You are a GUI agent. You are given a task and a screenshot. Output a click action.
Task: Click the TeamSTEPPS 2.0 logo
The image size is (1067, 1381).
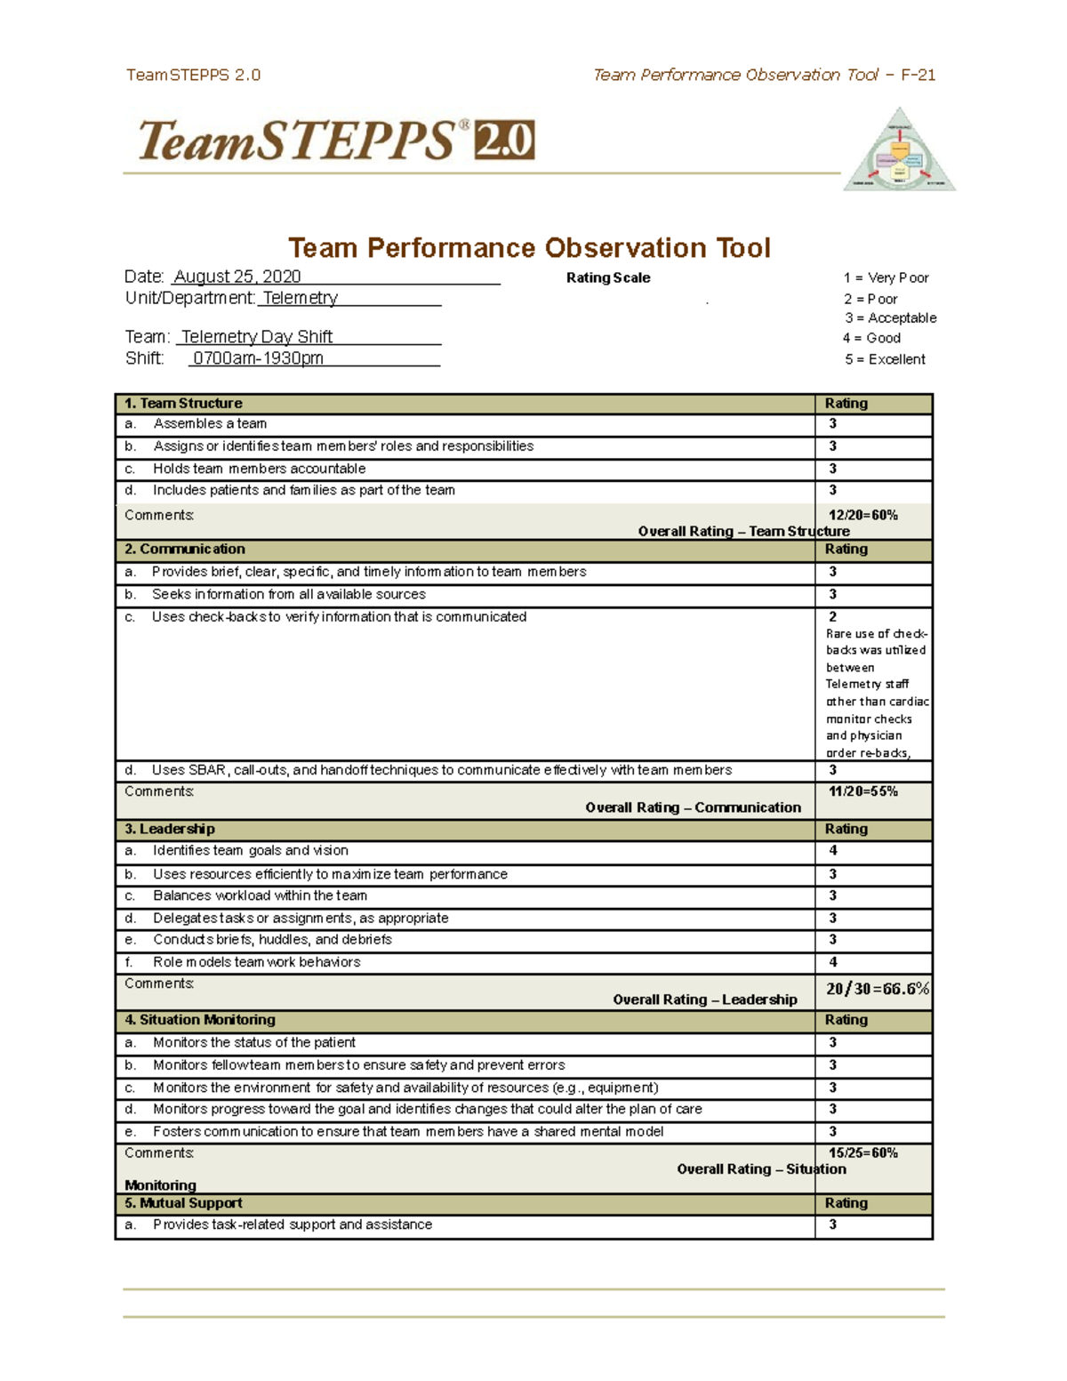(x=335, y=141)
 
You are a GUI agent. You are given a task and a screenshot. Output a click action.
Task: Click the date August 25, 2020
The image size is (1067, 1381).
(x=237, y=277)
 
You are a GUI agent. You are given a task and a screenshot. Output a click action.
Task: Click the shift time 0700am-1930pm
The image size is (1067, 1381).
(x=258, y=358)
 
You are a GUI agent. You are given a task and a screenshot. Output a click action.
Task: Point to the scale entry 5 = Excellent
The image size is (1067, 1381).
(x=885, y=359)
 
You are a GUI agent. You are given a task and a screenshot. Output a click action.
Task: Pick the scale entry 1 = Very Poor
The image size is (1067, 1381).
(x=886, y=277)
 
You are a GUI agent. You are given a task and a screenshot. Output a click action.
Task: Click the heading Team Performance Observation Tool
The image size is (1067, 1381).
(x=529, y=247)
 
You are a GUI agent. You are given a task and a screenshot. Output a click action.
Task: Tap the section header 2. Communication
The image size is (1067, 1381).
(x=185, y=550)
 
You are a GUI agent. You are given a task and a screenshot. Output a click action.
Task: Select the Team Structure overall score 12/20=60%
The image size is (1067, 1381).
(x=862, y=515)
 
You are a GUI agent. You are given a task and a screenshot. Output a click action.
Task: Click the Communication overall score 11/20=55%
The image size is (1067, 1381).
(x=862, y=791)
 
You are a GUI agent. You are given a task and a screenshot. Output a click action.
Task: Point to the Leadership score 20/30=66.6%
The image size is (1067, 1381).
(x=877, y=989)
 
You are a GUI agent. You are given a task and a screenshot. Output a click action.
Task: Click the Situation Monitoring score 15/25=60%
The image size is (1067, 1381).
(x=862, y=1152)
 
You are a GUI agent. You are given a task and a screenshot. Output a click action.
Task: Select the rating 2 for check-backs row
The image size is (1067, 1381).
(x=833, y=616)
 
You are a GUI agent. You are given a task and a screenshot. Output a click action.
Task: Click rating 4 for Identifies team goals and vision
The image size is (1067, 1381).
(x=833, y=850)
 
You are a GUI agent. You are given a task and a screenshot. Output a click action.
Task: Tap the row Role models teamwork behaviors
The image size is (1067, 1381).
(x=256, y=962)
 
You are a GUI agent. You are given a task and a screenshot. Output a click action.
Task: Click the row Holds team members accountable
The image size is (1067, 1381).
(x=259, y=469)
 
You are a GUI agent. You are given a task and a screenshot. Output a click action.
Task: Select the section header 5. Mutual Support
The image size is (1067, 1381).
(x=183, y=1203)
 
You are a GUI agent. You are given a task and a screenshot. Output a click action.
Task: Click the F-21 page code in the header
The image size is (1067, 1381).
(x=918, y=75)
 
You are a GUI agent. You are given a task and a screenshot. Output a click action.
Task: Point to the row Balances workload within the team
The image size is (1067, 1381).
(x=260, y=895)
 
